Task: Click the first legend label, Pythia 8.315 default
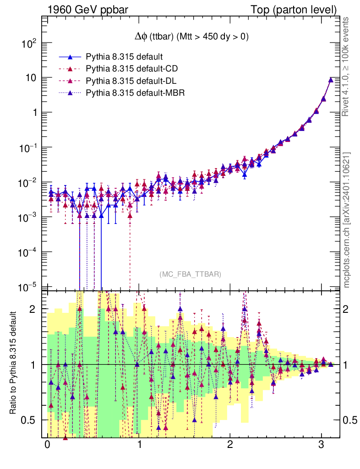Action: click(125, 57)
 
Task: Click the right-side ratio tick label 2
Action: click(349, 309)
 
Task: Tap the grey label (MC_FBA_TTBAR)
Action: click(191, 274)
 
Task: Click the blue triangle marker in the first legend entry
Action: click(71, 57)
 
